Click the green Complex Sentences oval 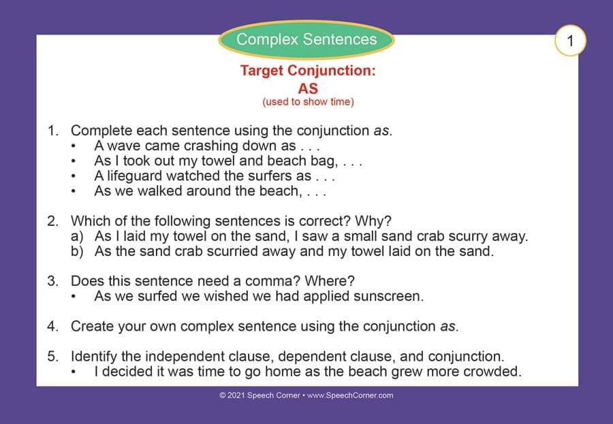(x=306, y=39)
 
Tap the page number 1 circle (x=570, y=40)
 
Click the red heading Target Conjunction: (x=308, y=70)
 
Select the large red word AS (x=308, y=88)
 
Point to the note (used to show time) (x=308, y=102)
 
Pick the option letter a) (x=77, y=236)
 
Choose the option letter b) (x=77, y=251)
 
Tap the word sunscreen (x=389, y=296)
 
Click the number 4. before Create (x=52, y=326)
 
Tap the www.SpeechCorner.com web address (x=350, y=395)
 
